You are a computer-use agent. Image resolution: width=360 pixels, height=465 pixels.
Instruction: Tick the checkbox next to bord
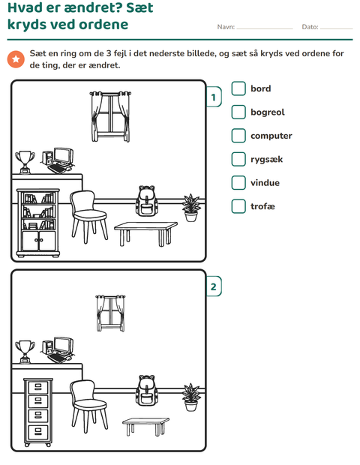(238, 88)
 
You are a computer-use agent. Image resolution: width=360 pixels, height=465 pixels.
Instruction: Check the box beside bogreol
(238, 112)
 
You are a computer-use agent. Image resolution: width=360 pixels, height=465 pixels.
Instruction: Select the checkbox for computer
(238, 136)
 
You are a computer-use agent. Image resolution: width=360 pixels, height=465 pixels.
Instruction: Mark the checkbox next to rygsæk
(238, 159)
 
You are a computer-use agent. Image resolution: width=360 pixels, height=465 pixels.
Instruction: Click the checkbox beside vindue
(238, 183)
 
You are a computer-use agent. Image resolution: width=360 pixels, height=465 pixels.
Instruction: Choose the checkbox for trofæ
(238, 206)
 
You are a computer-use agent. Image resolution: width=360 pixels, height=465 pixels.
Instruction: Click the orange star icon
(16, 59)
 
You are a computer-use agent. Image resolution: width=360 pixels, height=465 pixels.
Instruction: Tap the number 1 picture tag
(214, 97)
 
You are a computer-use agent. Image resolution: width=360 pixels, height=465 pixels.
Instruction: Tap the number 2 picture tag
(214, 286)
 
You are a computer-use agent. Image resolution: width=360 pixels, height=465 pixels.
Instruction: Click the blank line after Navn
(265, 28)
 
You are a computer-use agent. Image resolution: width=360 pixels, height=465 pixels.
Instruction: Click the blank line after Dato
(336, 28)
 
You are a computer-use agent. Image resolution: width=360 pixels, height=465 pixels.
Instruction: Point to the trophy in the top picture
(25, 162)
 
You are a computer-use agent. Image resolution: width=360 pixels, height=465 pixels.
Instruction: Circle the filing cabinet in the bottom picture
(38, 412)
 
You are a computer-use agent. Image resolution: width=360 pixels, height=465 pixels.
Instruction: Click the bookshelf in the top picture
(38, 223)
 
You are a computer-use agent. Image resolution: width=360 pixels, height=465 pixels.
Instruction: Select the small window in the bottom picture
(110, 313)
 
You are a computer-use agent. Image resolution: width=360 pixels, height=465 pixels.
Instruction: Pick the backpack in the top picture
(146, 200)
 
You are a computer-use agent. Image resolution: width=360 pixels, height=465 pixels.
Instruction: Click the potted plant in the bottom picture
(191, 397)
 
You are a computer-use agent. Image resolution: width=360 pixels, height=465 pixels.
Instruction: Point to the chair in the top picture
(88, 217)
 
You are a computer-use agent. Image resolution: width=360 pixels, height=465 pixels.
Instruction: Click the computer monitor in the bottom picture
(64, 346)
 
